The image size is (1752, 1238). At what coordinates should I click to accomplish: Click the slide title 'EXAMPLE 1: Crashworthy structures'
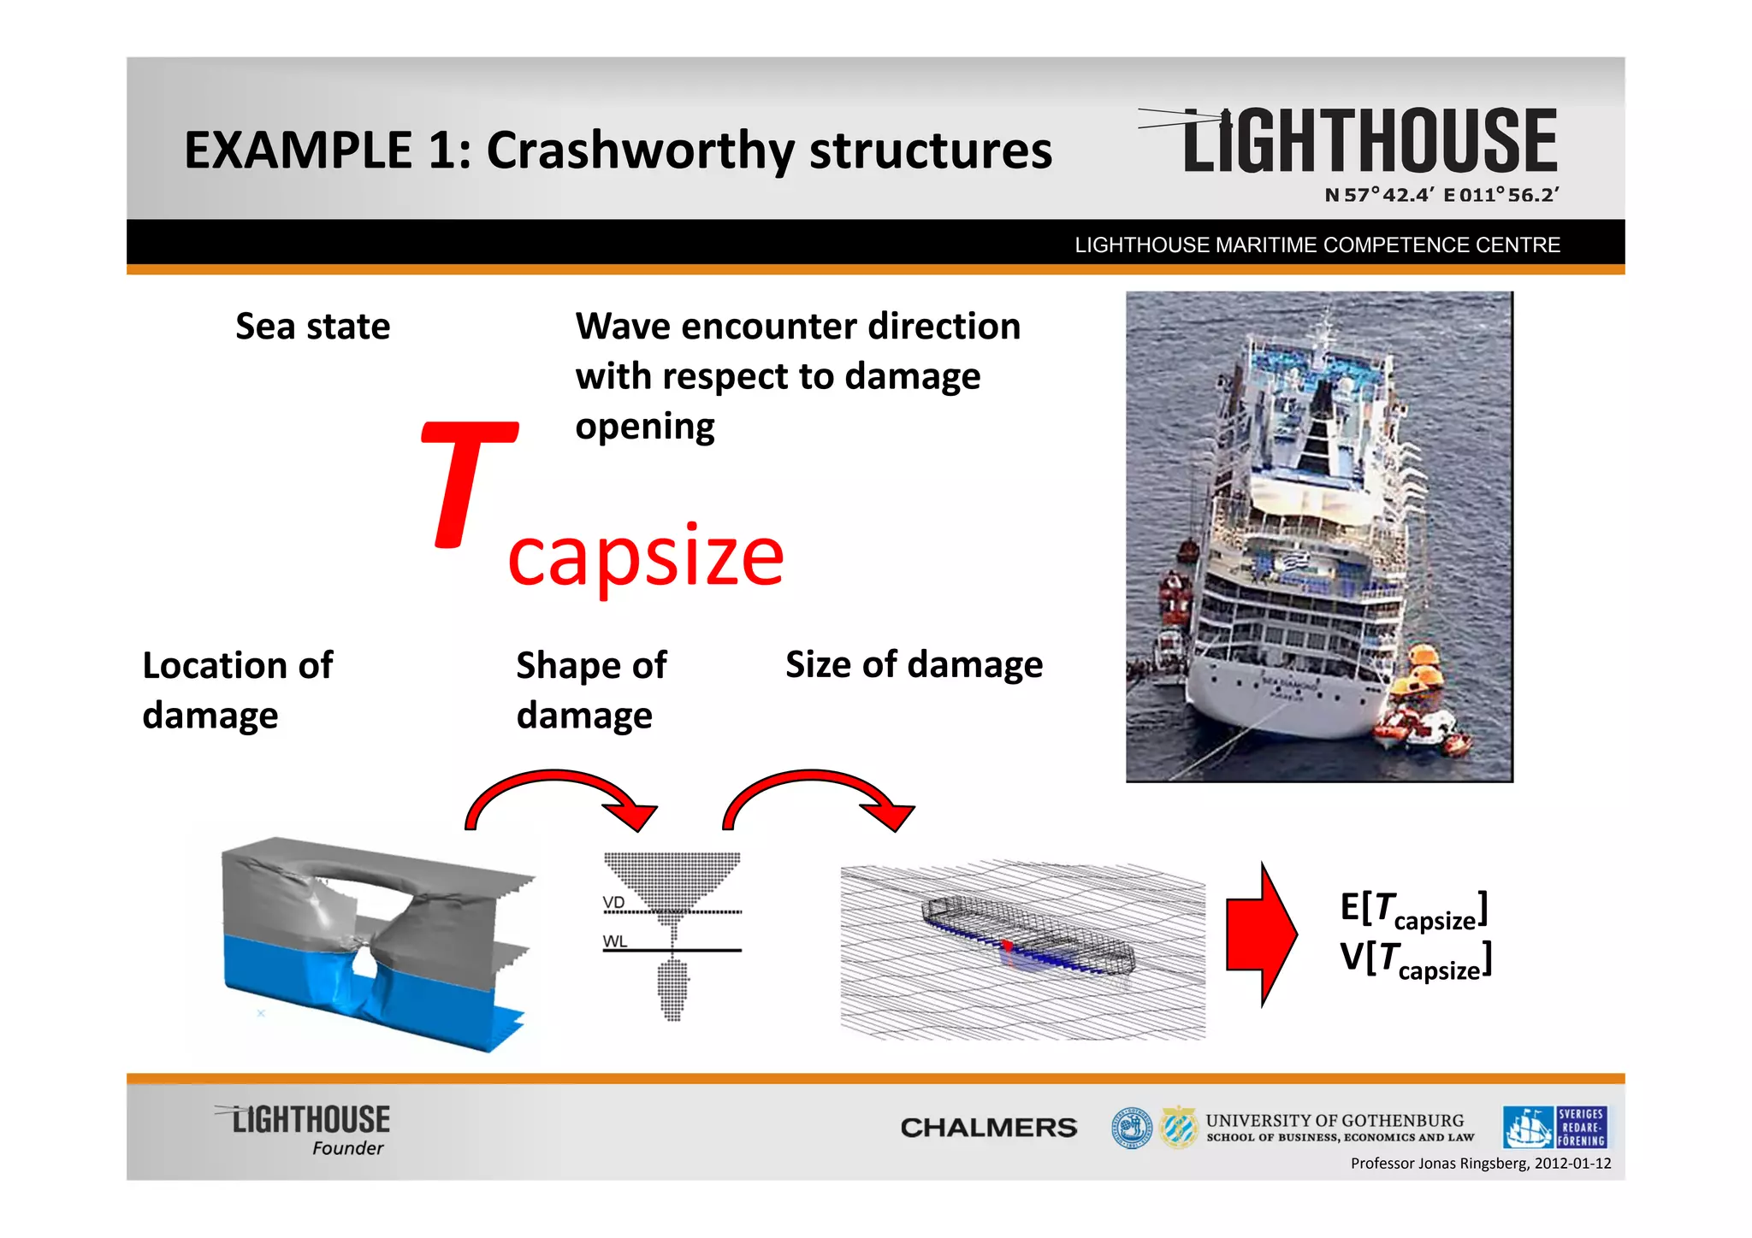pos(618,150)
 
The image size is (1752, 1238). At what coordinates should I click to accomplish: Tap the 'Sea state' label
pos(312,327)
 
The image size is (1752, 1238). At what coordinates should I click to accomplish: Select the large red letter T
pos(466,484)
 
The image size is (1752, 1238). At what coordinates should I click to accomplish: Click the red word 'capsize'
pos(646,557)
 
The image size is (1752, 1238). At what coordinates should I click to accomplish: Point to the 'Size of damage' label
pos(914,664)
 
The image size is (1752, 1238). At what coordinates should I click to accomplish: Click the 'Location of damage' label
pos(237,690)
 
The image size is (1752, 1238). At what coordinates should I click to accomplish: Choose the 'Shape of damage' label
pos(591,690)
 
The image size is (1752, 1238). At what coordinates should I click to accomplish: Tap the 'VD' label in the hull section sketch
pos(613,903)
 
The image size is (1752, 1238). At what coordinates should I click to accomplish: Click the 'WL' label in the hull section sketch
pos(614,941)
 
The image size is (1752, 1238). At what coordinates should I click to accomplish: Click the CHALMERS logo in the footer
pos(988,1128)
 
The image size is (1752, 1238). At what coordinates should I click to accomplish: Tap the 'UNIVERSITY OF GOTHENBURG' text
pos(1335,1120)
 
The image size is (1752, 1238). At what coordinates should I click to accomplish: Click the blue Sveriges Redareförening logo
pos(1554,1127)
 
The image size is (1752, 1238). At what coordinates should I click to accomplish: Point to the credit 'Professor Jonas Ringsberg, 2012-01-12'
pos(1480,1164)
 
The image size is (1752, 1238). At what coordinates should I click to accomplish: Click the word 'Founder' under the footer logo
pos(347,1148)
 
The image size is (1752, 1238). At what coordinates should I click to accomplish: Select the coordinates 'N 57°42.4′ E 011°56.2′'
pos(1441,195)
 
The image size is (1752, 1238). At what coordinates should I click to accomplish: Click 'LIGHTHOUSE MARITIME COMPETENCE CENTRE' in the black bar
pos(1317,245)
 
